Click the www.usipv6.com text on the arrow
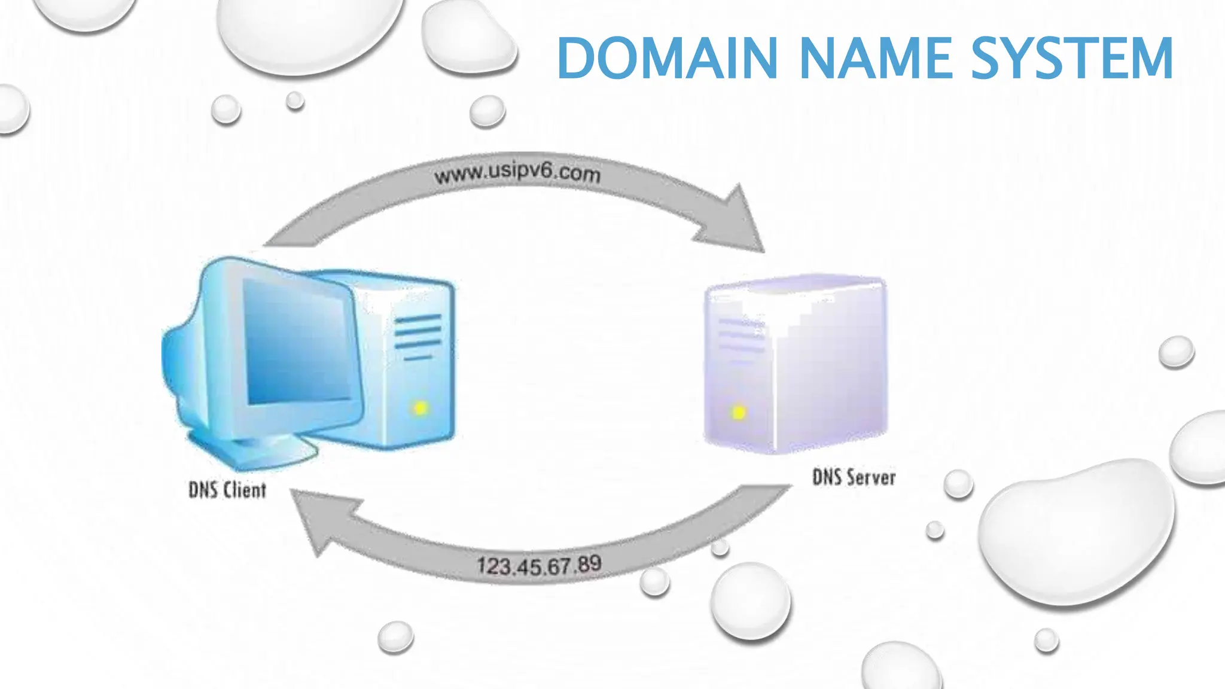(x=517, y=173)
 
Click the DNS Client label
(x=227, y=490)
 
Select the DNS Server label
(x=854, y=477)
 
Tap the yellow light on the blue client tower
(x=420, y=408)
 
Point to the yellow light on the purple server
(x=739, y=412)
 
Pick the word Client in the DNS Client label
(x=244, y=490)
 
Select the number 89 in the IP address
(x=589, y=563)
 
